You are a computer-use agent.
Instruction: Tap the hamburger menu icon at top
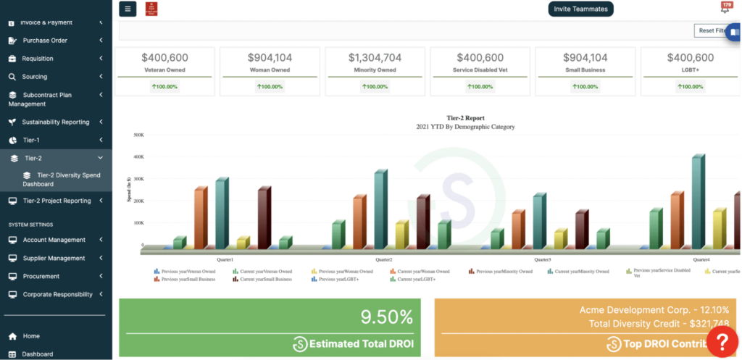(x=128, y=9)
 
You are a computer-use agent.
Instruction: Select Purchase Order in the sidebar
(x=45, y=41)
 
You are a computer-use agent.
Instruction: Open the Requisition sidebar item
(x=38, y=59)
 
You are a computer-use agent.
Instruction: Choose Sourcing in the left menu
(x=35, y=77)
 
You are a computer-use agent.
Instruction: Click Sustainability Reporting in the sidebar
(x=56, y=122)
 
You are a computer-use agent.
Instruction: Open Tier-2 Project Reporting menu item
(x=57, y=201)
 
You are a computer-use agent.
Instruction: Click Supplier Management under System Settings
(x=54, y=258)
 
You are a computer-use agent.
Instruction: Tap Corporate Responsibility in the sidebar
(x=57, y=294)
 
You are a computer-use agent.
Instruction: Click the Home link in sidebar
(x=31, y=336)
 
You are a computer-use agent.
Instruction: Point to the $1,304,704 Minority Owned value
(x=375, y=58)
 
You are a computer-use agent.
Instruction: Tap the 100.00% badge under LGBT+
(x=690, y=86)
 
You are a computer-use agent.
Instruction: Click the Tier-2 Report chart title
(x=465, y=117)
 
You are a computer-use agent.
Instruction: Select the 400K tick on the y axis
(x=137, y=156)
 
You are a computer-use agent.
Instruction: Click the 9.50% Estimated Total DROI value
(x=386, y=317)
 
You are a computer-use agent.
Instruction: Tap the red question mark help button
(x=722, y=340)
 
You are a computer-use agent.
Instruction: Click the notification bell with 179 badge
(x=725, y=8)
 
